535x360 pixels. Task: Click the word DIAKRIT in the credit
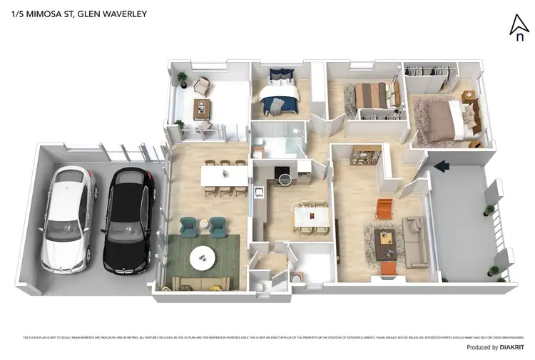pyautogui.click(x=511, y=348)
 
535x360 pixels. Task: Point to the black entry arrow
pyautogui.click(x=442, y=166)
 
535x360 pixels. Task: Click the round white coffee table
pyautogui.click(x=204, y=255)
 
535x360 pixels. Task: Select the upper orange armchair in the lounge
pyautogui.click(x=385, y=207)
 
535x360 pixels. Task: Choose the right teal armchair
pyautogui.click(x=218, y=226)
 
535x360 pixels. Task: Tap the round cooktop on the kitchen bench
pyautogui.click(x=285, y=178)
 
